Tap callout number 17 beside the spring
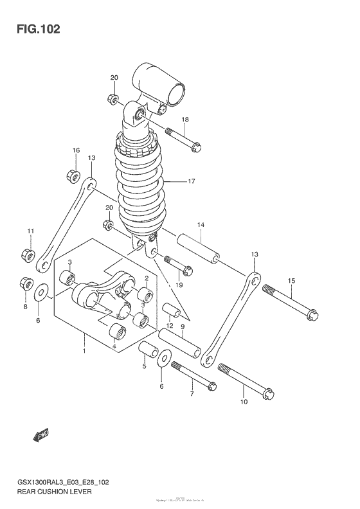tap(190, 182)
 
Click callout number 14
tap(201, 225)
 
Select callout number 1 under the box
tap(83, 352)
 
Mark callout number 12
tap(170, 326)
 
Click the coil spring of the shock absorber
tap(139, 186)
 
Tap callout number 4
tap(114, 348)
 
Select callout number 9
tap(183, 326)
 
